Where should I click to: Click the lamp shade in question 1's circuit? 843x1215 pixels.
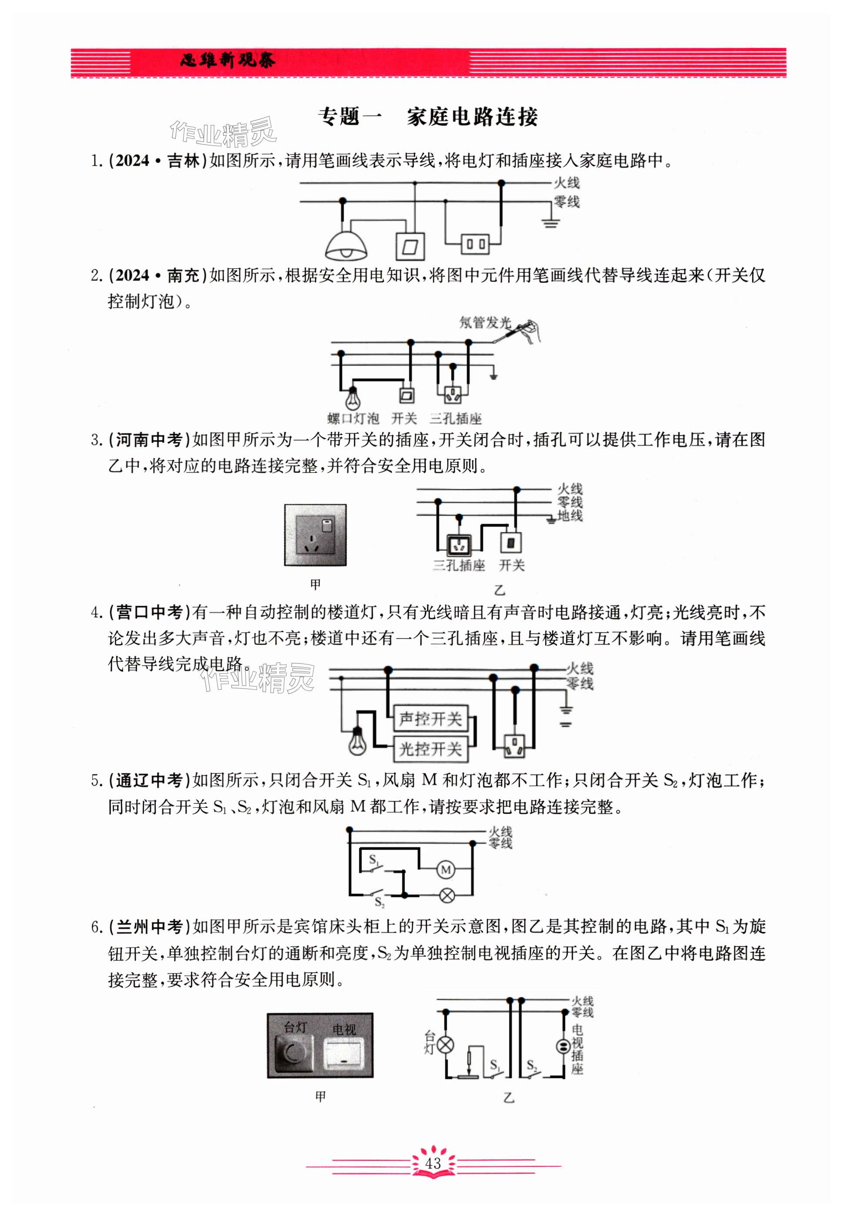coord(346,244)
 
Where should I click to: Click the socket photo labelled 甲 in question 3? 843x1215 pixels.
coord(315,535)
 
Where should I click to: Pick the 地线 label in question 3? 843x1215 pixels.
coord(570,515)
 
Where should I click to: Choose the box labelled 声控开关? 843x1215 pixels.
coord(431,719)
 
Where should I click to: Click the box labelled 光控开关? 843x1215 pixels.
coord(431,749)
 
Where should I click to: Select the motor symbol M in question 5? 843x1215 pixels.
coord(445,870)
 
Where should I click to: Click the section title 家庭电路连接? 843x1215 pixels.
coord(472,117)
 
